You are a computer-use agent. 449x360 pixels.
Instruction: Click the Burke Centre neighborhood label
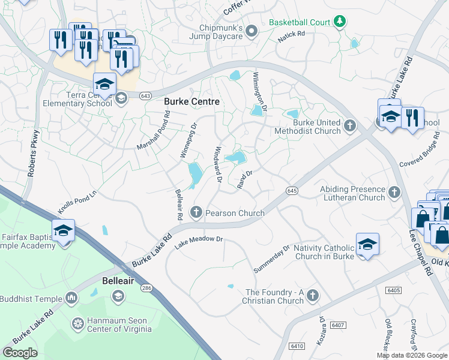(192, 102)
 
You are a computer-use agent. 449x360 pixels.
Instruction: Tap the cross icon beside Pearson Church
(196, 212)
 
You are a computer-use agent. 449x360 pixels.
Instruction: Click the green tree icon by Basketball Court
(340, 22)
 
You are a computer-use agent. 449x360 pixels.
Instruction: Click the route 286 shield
(146, 289)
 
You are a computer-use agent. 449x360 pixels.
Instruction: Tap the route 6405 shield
(394, 290)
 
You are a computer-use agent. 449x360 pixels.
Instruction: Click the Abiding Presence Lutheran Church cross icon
(394, 193)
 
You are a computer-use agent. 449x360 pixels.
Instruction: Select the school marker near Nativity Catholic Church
(367, 244)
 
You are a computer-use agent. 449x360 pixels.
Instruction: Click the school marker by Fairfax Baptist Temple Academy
(62, 231)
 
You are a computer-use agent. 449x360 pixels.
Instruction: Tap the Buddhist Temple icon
(71, 298)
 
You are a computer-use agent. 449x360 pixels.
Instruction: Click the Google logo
(20, 353)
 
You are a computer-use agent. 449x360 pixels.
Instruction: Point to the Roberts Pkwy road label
(33, 154)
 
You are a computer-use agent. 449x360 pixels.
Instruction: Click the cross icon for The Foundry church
(312, 296)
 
